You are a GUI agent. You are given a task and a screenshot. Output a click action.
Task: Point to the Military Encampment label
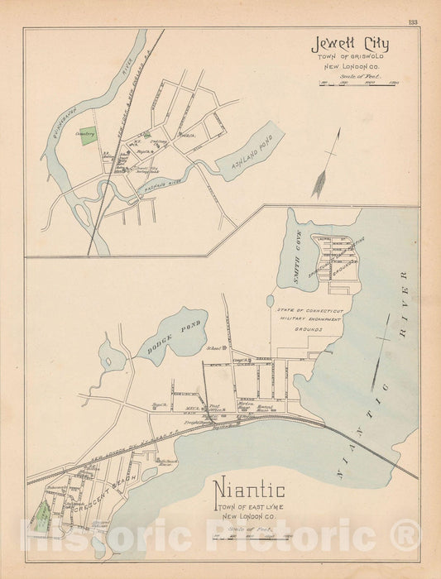tap(300, 318)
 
